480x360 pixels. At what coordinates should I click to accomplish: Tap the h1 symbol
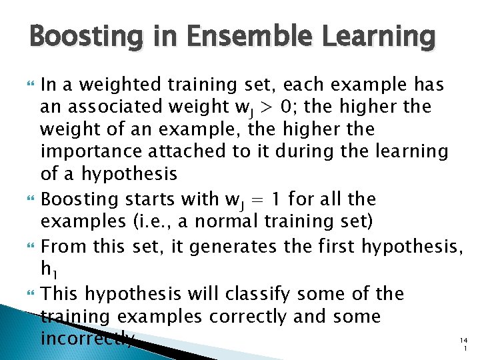point(49,270)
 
